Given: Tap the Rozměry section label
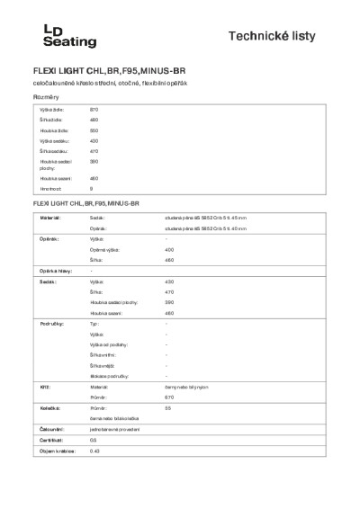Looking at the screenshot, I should point(48,96).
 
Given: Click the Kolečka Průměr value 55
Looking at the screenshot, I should point(168,407).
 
